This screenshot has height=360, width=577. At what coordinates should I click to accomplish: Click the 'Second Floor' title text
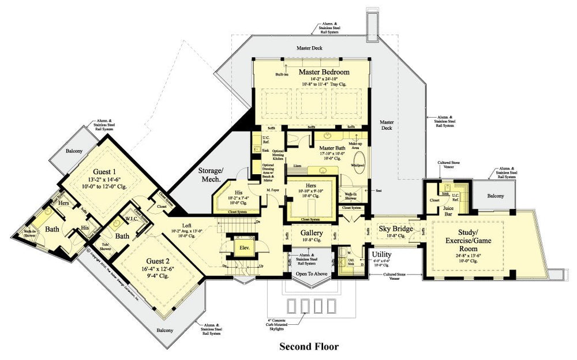(309, 347)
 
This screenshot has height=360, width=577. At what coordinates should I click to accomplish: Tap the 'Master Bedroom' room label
(324, 72)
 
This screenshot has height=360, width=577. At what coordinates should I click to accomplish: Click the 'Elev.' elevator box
(244, 249)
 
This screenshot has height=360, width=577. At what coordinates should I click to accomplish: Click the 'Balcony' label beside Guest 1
(73, 151)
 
